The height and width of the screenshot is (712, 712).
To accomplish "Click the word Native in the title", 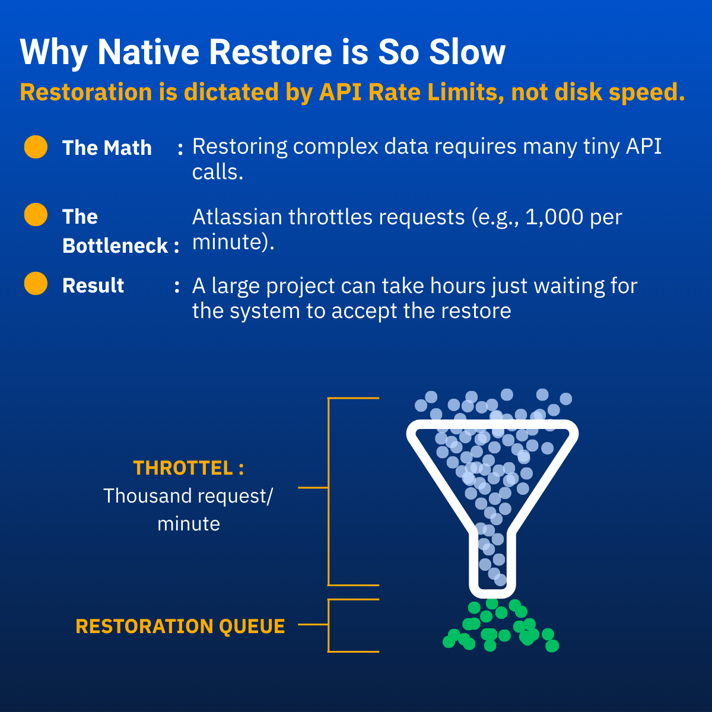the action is (x=148, y=52).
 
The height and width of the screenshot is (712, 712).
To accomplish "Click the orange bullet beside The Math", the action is (x=36, y=147).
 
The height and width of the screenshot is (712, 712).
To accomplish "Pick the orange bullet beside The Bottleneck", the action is (x=36, y=214).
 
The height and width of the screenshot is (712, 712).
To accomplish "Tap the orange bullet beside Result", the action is (x=36, y=284).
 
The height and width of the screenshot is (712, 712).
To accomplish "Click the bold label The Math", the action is (x=107, y=148).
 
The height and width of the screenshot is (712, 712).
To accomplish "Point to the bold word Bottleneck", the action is (x=115, y=246).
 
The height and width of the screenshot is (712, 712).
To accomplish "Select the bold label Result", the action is (x=93, y=285).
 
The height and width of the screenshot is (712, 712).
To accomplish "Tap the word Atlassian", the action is (x=237, y=217).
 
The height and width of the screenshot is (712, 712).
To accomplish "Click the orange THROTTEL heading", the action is (x=183, y=468).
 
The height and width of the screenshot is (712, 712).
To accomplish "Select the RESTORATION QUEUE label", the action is (x=180, y=627).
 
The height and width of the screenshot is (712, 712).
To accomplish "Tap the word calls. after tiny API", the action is (x=218, y=172).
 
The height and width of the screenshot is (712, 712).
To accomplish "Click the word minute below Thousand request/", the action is (x=189, y=523).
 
